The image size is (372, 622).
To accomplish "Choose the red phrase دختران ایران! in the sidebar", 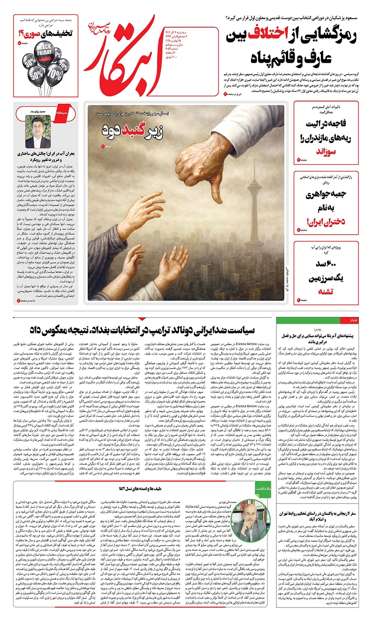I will tap(331, 220).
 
